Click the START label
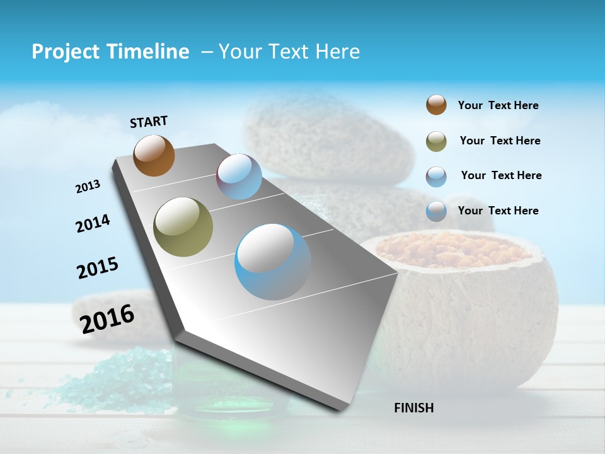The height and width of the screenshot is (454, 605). click(149, 122)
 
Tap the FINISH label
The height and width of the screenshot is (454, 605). click(413, 408)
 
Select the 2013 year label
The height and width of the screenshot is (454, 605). click(88, 187)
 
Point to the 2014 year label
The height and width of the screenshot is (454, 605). click(93, 223)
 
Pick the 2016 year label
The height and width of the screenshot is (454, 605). click(107, 318)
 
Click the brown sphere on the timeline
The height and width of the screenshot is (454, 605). click(154, 155)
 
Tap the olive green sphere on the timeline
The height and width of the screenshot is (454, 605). click(183, 227)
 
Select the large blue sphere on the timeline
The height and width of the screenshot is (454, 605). click(273, 262)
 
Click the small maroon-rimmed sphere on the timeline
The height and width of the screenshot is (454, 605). click(239, 177)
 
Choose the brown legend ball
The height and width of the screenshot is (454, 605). click(436, 105)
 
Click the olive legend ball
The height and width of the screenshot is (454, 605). click(436, 141)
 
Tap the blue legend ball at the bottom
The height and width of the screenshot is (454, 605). click(436, 211)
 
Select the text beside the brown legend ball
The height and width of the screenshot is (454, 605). click(498, 105)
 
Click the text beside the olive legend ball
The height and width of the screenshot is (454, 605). click(500, 141)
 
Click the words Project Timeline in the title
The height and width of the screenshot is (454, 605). click(110, 52)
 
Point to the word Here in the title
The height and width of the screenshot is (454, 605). click(337, 52)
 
